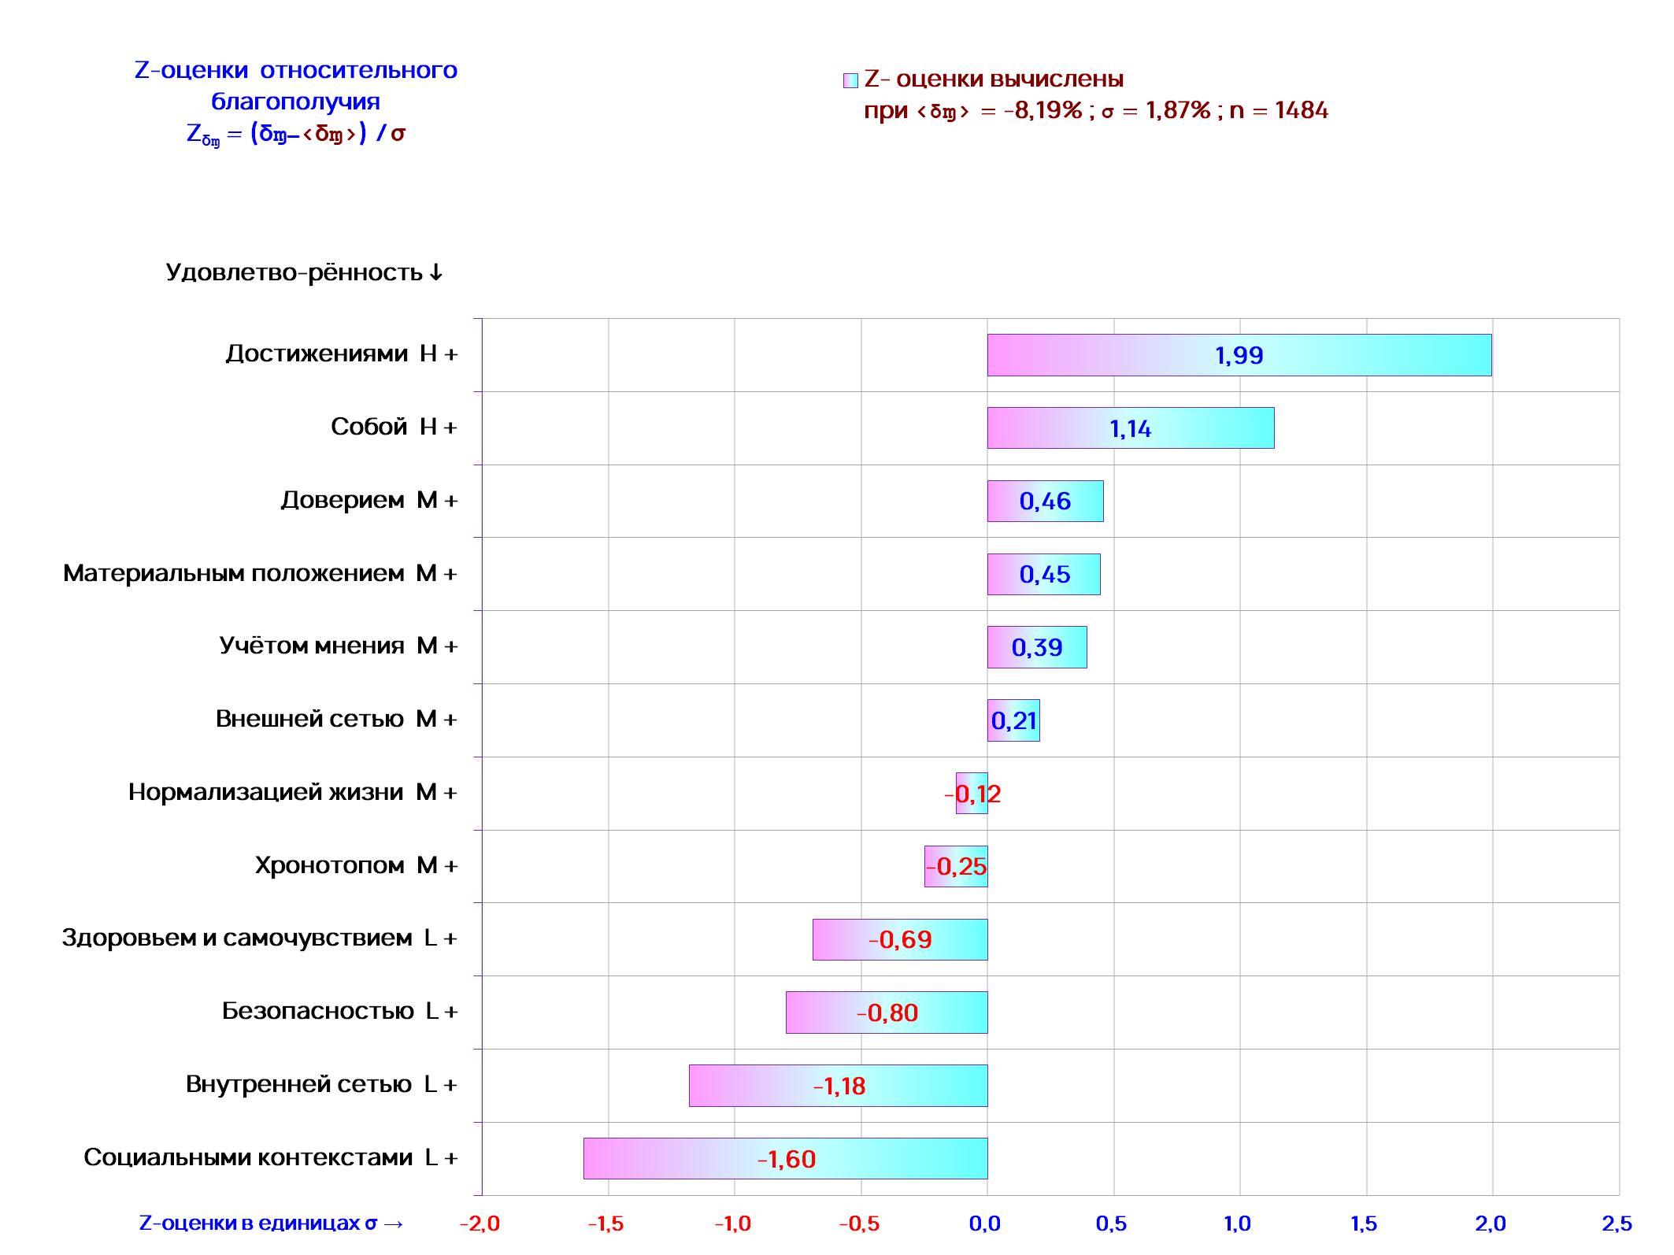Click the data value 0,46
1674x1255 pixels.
click(1045, 502)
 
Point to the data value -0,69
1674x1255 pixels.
click(900, 939)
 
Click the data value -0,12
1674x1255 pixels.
click(972, 794)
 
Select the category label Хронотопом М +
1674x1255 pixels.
click(356, 865)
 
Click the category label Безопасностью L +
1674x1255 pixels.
click(339, 1011)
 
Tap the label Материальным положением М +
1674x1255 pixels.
click(260, 573)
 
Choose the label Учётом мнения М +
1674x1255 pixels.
click(338, 646)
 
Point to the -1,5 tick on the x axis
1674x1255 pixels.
click(606, 1224)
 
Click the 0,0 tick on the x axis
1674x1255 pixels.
click(985, 1224)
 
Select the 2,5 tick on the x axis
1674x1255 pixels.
click(1617, 1224)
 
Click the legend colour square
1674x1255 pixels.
click(850, 80)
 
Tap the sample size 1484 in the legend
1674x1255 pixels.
click(1301, 110)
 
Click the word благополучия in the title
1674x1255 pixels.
click(295, 102)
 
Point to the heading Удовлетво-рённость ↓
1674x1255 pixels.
click(304, 272)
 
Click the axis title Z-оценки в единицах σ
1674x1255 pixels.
click(271, 1224)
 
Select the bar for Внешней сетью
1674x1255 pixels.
click(1013, 720)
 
